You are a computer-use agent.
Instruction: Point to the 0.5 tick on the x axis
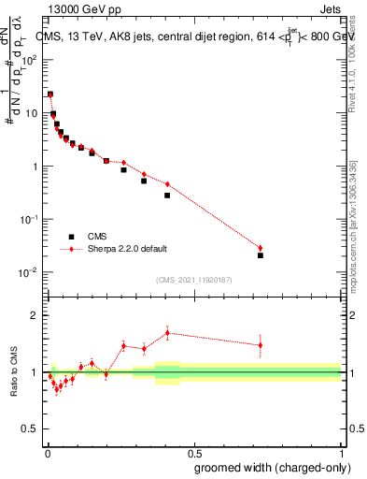(x=194, y=451)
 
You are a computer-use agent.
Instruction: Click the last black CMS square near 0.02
(x=261, y=255)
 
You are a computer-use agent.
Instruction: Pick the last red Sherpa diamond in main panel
(x=261, y=248)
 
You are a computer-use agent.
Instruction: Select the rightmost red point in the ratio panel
(x=261, y=345)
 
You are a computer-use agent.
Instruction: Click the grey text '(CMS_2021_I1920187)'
(x=194, y=279)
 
